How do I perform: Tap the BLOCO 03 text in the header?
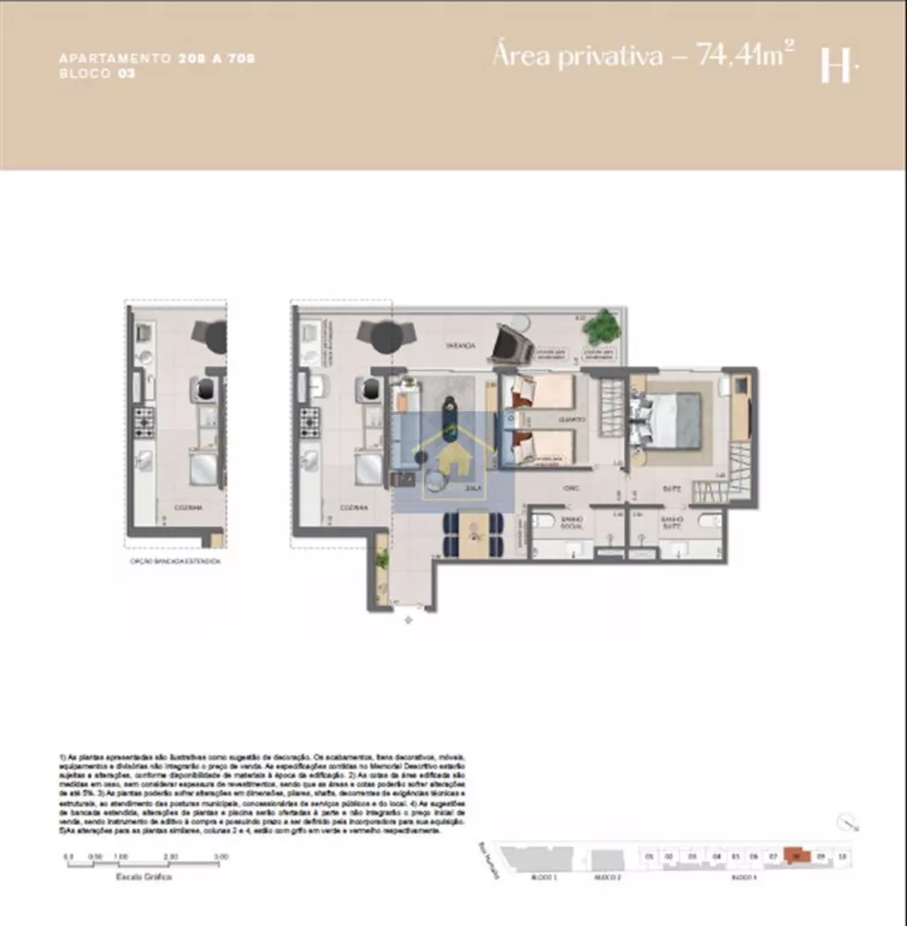pyautogui.click(x=97, y=72)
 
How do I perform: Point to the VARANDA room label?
pyautogui.click(x=459, y=345)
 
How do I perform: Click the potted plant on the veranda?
pyautogui.click(x=603, y=326)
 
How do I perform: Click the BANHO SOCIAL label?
pyautogui.click(x=571, y=523)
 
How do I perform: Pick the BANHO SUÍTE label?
pyautogui.click(x=672, y=523)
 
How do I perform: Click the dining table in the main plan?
pyautogui.click(x=474, y=535)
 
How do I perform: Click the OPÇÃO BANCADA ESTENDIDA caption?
pyautogui.click(x=177, y=561)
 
